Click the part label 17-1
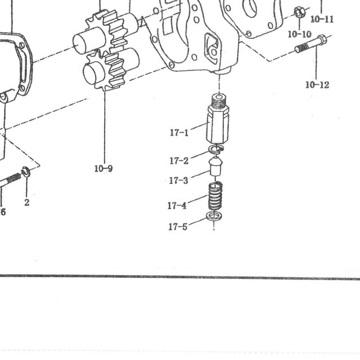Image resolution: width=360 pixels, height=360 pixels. click(179, 133)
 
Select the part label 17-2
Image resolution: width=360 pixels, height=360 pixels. click(179, 161)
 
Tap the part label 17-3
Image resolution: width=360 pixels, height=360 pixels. click(179, 181)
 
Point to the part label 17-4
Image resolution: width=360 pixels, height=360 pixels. click(177, 205)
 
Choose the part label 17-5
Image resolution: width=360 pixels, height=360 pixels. click(178, 227)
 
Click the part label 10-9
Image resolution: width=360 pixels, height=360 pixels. click(103, 169)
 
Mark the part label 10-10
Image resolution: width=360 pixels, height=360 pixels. click(299, 34)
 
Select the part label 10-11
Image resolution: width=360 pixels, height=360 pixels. click(322, 19)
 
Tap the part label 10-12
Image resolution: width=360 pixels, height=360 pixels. click(317, 85)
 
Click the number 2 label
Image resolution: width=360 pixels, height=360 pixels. click(27, 202)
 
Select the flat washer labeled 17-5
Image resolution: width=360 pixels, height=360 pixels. click(214, 215)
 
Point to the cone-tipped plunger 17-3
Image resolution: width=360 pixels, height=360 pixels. click(215, 166)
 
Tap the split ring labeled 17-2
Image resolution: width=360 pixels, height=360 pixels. click(216, 148)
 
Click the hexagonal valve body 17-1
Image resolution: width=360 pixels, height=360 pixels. click(218, 124)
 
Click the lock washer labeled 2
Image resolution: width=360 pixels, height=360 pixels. click(25, 172)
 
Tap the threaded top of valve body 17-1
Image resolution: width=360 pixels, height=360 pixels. click(218, 101)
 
